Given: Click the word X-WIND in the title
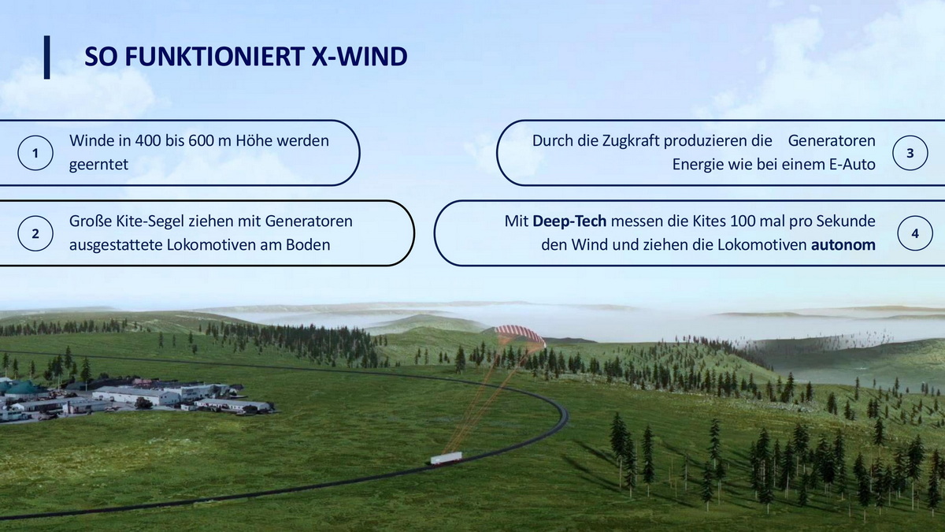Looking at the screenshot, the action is click(359, 57).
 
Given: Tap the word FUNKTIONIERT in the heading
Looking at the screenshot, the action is click(214, 57).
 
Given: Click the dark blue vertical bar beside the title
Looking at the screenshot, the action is click(46, 57).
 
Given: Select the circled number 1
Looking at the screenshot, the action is click(35, 153).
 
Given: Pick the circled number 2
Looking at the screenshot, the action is click(35, 233).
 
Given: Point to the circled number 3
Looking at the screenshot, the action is click(910, 153).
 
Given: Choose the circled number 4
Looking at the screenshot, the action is click(915, 233).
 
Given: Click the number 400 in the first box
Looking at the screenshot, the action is click(148, 140).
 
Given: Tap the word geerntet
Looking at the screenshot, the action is click(98, 165).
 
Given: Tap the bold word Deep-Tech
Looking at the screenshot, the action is click(569, 221).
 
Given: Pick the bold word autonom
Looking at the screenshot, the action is click(843, 245).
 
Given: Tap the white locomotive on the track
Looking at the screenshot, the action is click(446, 458).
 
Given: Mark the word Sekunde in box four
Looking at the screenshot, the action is click(846, 221).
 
